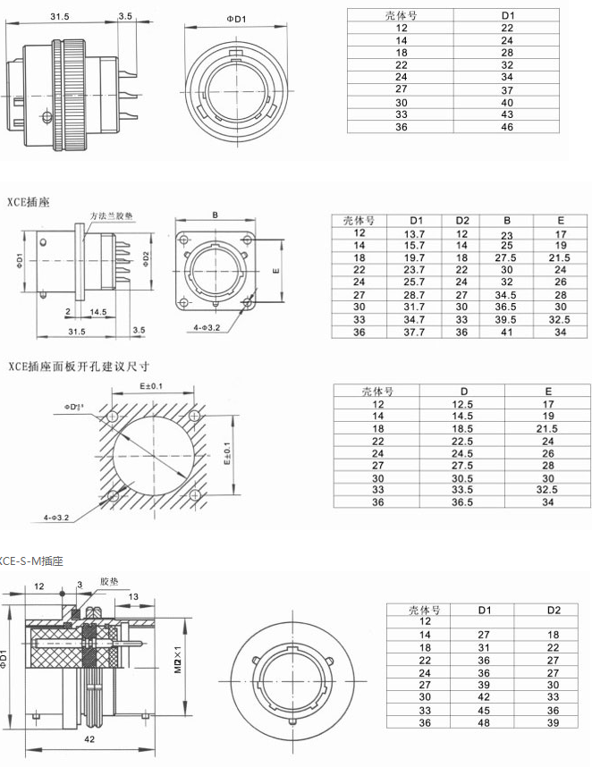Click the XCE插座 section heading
tap(29, 202)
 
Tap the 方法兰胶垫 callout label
tap(111, 216)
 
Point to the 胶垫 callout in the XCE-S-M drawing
tap(108, 579)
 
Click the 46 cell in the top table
tap(507, 128)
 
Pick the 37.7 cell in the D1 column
tap(414, 332)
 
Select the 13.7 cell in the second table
tap(414, 232)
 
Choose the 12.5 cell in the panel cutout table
tap(463, 403)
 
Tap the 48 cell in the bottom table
tap(485, 722)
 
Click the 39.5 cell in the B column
tap(507, 319)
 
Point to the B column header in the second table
tap(507, 220)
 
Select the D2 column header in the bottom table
tap(554, 610)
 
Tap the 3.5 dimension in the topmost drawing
tap(124, 16)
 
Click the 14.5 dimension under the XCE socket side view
tap(98, 312)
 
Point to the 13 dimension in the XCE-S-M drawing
tap(133, 596)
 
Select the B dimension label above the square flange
tap(215, 215)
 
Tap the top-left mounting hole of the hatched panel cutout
tap(112, 417)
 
